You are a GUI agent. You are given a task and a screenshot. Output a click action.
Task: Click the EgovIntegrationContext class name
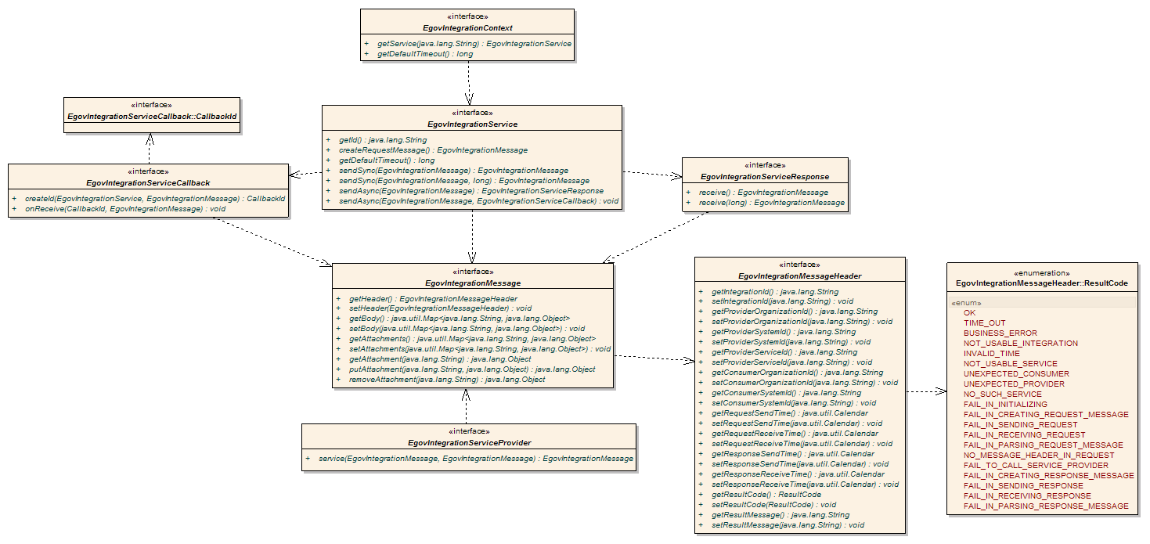(468, 28)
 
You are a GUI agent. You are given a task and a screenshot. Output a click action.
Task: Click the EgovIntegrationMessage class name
(472, 283)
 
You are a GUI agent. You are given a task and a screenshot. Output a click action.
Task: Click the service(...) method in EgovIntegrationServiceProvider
(476, 458)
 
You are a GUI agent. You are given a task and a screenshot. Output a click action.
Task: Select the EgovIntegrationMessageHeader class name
(799, 276)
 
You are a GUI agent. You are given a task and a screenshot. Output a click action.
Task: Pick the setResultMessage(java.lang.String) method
(787, 525)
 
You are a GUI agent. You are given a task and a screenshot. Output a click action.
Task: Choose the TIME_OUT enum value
(984, 322)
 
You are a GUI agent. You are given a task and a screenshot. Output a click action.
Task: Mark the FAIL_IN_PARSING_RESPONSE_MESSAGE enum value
(1046, 506)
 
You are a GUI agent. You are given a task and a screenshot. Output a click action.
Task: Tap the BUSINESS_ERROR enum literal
(1000, 333)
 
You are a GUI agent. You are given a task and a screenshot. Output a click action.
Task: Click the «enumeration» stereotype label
(1041, 272)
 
